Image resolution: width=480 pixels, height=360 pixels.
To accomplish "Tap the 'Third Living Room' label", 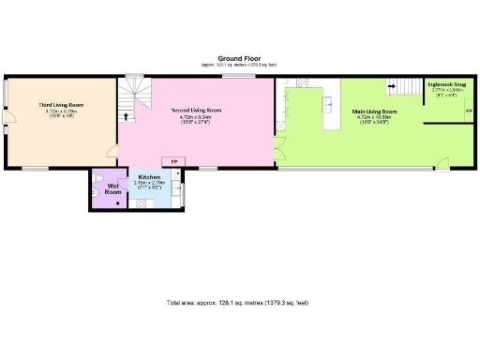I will [56, 105].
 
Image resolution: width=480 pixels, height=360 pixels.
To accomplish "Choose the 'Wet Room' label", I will [113, 188].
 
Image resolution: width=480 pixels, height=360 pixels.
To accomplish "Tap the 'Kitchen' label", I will [149, 177].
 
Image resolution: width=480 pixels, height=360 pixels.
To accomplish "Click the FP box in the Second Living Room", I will [173, 161].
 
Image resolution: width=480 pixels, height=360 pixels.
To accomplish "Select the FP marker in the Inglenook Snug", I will [468, 111].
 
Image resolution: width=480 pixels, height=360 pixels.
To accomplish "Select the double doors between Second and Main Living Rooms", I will [279, 145].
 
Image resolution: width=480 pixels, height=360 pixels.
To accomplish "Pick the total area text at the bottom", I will [237, 303].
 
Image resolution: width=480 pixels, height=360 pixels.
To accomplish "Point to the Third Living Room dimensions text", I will [56, 113].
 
